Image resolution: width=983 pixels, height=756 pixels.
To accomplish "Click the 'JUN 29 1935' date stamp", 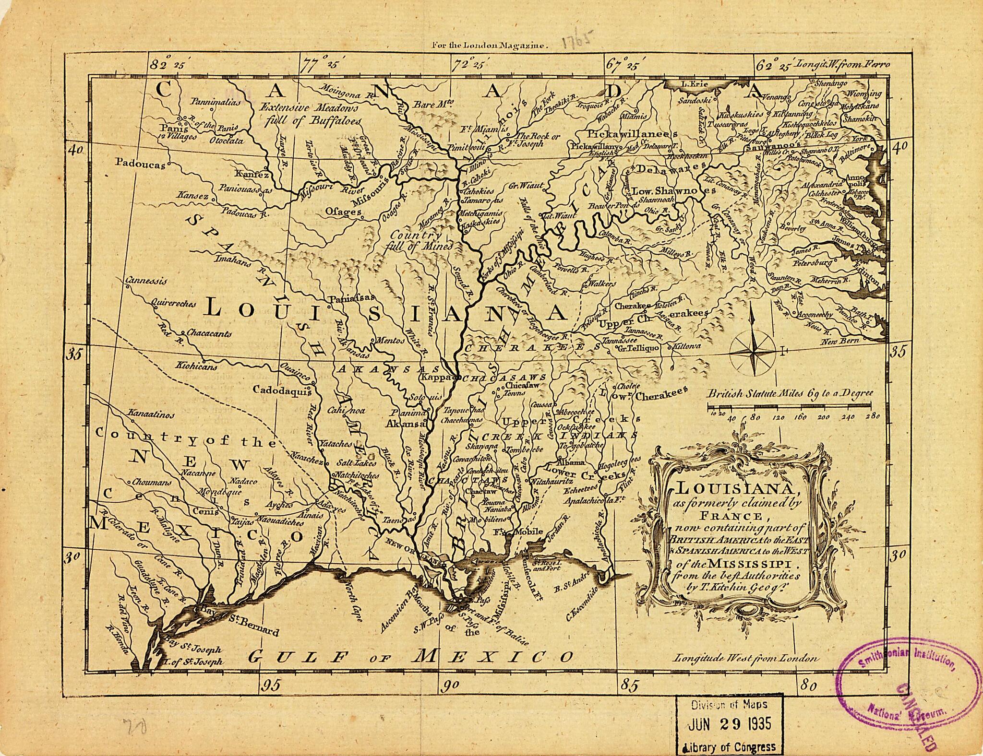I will (730, 724).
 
